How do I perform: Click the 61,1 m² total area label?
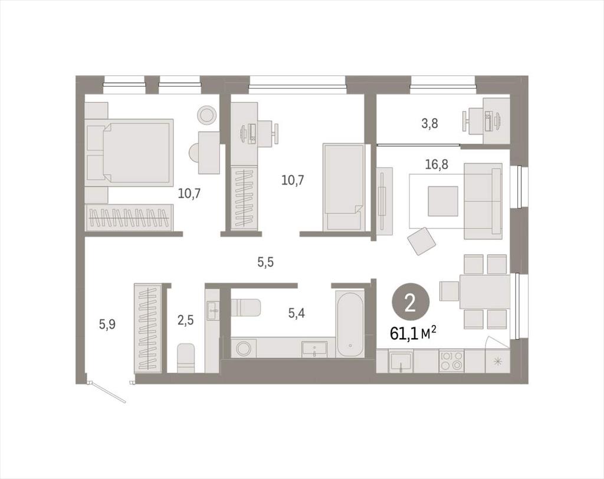(x=413, y=333)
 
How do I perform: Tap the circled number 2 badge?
(x=410, y=304)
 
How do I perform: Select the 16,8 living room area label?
(x=436, y=165)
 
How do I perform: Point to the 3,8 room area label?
(x=429, y=124)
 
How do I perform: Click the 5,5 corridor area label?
(x=265, y=263)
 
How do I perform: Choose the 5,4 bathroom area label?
(x=297, y=313)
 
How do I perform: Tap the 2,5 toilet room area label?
(x=185, y=320)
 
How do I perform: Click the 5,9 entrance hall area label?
(x=107, y=324)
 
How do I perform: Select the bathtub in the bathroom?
(x=350, y=325)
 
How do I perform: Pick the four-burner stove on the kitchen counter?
(x=451, y=360)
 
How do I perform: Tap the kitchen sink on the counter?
(x=401, y=360)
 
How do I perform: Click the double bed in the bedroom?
(x=129, y=150)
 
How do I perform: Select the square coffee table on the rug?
(x=443, y=201)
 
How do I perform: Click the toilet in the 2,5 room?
(x=186, y=358)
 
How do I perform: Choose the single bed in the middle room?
(x=344, y=187)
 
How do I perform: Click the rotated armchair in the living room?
(x=422, y=241)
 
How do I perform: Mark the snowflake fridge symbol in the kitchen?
(x=498, y=361)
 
